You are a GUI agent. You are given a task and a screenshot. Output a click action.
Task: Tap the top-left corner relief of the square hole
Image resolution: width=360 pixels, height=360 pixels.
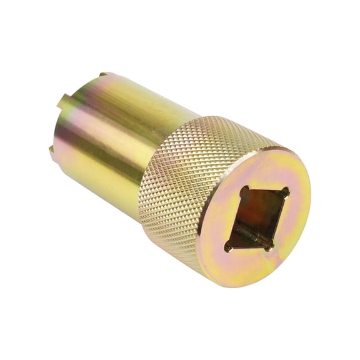pos(245,189)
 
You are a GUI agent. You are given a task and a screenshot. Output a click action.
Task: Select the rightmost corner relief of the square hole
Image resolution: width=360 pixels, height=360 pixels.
pos(286,192)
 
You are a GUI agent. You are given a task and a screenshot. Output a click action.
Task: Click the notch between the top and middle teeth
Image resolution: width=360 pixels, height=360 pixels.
pos(78,87)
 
